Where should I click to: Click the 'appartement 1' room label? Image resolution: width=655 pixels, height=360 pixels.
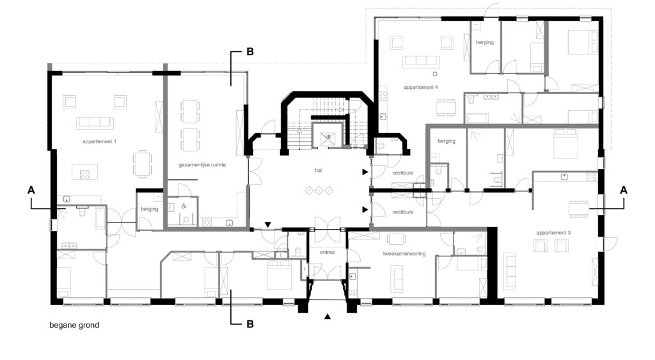click(x=99, y=141)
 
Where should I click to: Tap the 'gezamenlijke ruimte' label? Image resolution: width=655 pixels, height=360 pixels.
click(x=202, y=165)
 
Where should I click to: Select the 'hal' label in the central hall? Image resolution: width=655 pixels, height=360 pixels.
click(x=319, y=170)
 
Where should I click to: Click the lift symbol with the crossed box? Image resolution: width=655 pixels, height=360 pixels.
click(x=328, y=137)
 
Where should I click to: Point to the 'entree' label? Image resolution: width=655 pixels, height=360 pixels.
click(x=327, y=252)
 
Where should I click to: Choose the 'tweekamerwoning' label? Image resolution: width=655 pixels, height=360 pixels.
click(x=404, y=253)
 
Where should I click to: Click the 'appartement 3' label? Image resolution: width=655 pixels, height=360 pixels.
click(x=553, y=233)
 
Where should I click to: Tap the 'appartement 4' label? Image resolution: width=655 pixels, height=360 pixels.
click(x=421, y=88)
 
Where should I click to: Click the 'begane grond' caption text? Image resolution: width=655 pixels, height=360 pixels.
click(x=74, y=325)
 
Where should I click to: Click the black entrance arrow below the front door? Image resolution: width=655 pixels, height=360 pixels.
click(x=327, y=317)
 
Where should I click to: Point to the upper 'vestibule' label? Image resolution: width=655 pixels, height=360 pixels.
click(x=403, y=173)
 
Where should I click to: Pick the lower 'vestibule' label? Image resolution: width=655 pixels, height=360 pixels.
click(x=403, y=212)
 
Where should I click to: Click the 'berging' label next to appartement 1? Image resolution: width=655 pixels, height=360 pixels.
click(x=149, y=209)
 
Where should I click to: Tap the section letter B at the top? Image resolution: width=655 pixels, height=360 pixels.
click(x=250, y=52)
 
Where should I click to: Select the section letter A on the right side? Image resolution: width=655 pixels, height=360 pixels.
click(x=624, y=190)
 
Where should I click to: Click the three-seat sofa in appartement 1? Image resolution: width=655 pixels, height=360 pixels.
click(x=95, y=123)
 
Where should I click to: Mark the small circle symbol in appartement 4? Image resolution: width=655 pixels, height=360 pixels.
click(x=435, y=74)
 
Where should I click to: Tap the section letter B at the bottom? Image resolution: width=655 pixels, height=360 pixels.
click(x=250, y=324)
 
